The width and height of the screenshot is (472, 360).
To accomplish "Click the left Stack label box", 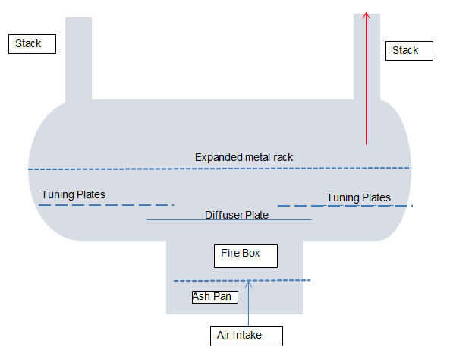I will coord(33,44).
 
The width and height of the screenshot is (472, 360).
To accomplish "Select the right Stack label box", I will coord(411,51).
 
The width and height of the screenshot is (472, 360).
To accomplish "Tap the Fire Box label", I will coord(245,255).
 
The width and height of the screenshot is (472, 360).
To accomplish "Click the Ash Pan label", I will coord(215,297).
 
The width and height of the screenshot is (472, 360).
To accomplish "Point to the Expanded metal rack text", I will coord(244,157).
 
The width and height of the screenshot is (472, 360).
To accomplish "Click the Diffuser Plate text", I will coord(237,215).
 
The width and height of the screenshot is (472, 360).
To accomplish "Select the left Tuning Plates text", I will coord(73,194).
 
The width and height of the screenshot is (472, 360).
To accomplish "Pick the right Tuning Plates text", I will coord(358,197).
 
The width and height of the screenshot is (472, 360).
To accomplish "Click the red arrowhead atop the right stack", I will coord(367,15).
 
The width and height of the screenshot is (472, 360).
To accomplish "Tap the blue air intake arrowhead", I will coord(248,285).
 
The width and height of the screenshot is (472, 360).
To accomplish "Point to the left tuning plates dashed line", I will coord(106,205).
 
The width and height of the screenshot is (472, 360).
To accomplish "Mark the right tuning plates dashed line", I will coord(345,206).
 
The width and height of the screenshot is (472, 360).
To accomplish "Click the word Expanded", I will coord(217,157).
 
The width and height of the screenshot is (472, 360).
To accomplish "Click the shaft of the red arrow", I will coord(367,84).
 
